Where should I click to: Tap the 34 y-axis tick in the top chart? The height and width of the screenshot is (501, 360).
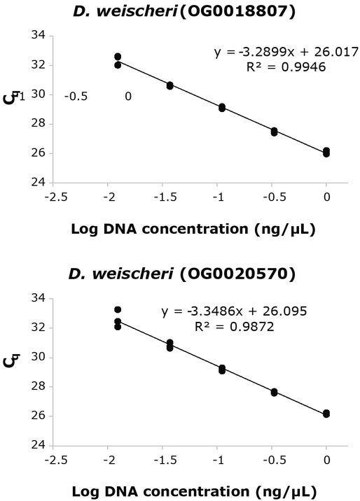(40, 36)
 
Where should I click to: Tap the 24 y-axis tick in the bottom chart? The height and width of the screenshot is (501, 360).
(40, 445)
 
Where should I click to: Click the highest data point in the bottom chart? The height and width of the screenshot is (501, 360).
(118, 309)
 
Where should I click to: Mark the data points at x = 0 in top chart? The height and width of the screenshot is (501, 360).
(326, 152)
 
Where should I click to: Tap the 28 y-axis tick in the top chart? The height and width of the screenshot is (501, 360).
(40, 124)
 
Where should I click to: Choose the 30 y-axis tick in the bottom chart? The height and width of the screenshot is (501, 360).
(40, 357)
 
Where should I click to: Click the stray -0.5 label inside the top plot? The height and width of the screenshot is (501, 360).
(76, 97)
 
